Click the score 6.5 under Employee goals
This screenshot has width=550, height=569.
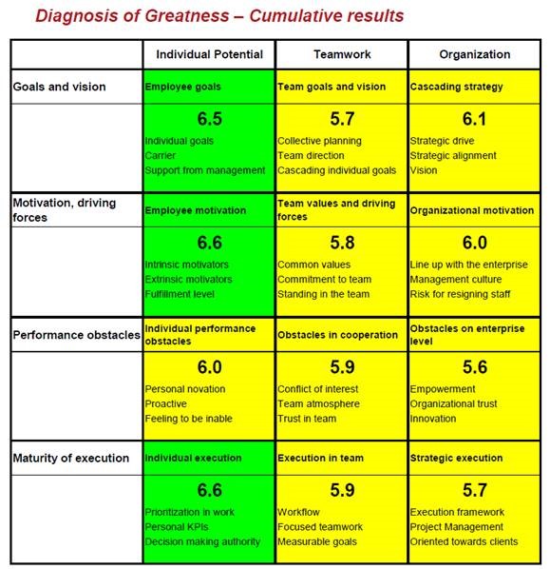pos(209,119)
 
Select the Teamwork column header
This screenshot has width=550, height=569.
pos(342,54)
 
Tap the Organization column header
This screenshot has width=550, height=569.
pos(475,54)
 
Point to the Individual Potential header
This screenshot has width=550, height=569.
pos(209,54)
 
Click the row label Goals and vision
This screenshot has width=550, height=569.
pos(60,87)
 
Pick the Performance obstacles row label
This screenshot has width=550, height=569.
pos(76,335)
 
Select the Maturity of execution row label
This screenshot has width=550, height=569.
pos(71,458)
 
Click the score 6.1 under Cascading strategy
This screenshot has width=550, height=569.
pos(474,119)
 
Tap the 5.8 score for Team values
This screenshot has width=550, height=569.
pos(342,243)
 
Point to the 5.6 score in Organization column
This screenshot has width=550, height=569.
pos(475,367)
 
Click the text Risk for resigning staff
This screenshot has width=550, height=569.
pos(460,294)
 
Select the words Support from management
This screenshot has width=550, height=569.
pos(205,170)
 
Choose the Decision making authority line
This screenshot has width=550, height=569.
pos(202,541)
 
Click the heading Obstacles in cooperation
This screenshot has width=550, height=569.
pos(337,335)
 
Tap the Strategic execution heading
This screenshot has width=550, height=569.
pos(456,458)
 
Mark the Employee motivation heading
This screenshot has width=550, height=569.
pos(196,210)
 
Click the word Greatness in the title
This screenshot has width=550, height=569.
pos(187,16)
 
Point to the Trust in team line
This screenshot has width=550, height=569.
pos(307,419)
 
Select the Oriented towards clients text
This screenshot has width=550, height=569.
pos(464,541)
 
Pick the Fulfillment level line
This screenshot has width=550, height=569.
pos(180,294)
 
